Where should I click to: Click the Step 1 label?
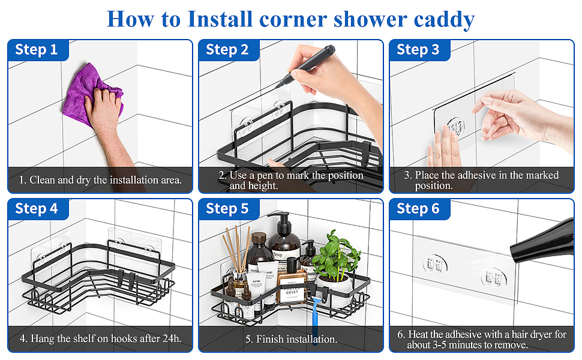(36, 49)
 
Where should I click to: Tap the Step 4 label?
(37, 209)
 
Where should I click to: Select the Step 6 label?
(418, 209)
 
